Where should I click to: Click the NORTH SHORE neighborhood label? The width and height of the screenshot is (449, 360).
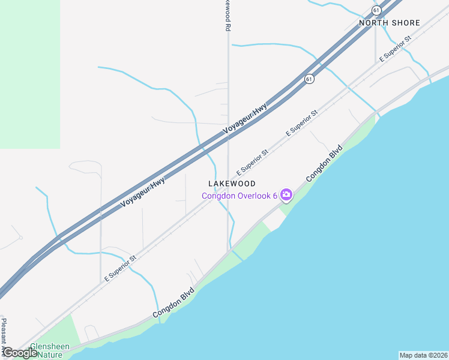click(389, 23)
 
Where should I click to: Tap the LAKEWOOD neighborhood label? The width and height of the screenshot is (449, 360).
click(232, 184)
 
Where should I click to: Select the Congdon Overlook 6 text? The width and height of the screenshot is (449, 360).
click(239, 195)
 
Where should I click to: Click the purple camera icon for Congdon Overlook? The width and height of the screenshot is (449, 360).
click(286, 194)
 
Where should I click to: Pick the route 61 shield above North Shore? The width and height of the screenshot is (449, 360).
click(376, 10)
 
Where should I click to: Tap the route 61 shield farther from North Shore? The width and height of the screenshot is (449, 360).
click(309, 79)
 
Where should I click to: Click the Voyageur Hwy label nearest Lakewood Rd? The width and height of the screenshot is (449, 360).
click(244, 118)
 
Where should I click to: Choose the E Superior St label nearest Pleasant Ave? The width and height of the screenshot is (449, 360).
click(120, 268)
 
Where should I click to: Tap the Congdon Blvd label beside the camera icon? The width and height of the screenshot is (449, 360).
click(324, 163)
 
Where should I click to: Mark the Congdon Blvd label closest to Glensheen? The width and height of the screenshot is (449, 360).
click(173, 304)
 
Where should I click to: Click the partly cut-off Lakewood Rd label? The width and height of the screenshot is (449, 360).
click(228, 16)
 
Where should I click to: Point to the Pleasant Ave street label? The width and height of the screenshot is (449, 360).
click(4, 336)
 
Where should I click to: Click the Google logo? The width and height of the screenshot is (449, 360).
click(20, 353)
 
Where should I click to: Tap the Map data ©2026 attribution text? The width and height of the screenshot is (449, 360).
click(423, 355)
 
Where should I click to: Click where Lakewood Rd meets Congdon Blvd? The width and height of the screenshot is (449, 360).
click(228, 251)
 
